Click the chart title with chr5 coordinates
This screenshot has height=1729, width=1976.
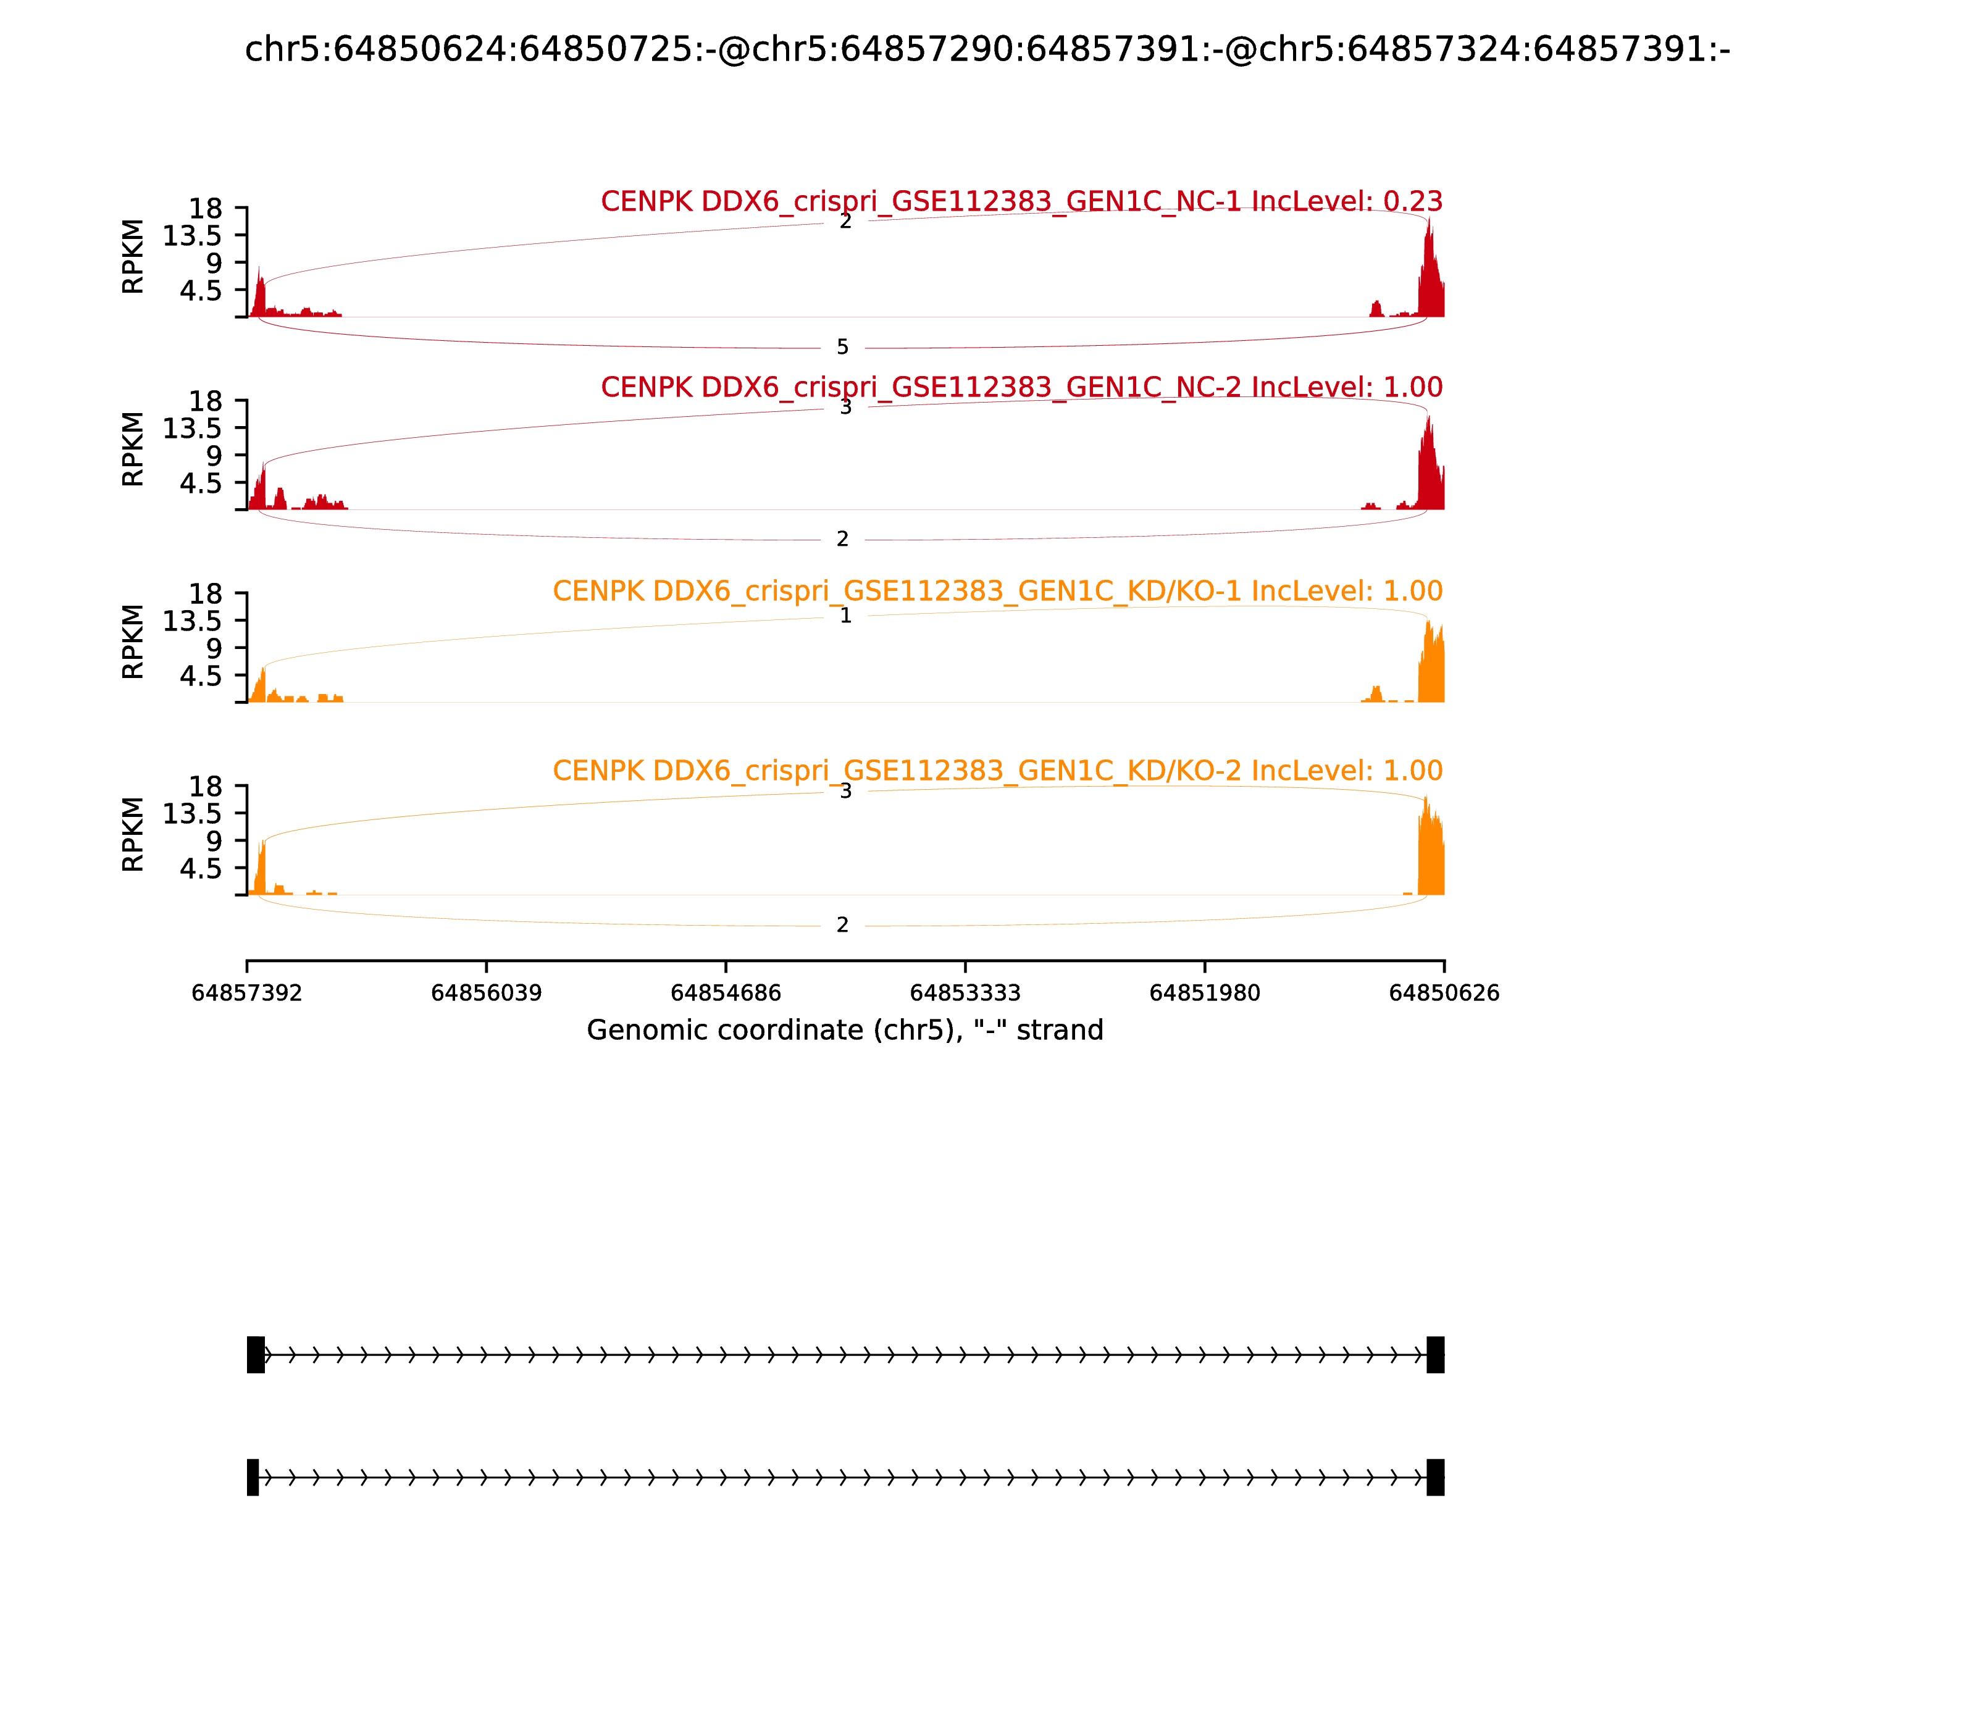(x=987, y=49)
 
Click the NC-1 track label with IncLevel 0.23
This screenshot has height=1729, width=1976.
(x=1021, y=202)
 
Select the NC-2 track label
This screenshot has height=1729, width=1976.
(x=1021, y=387)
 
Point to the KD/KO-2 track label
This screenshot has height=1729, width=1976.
(x=997, y=771)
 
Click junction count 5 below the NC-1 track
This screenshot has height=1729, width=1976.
(x=842, y=347)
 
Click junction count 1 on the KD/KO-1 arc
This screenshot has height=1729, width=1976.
(x=845, y=616)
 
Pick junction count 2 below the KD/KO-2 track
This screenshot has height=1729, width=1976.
(x=842, y=925)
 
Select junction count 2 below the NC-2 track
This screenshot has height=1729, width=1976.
(x=842, y=539)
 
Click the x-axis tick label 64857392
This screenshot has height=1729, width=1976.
(x=247, y=993)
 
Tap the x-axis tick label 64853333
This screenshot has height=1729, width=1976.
(x=965, y=993)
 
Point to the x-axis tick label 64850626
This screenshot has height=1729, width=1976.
(x=1444, y=993)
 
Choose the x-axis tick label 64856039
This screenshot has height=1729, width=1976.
(x=487, y=993)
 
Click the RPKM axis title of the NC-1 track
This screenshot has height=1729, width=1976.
(x=133, y=257)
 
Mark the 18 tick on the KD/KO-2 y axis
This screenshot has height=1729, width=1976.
(x=204, y=786)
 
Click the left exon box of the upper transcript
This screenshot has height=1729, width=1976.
(x=256, y=1355)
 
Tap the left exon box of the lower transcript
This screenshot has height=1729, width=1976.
(x=253, y=1477)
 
